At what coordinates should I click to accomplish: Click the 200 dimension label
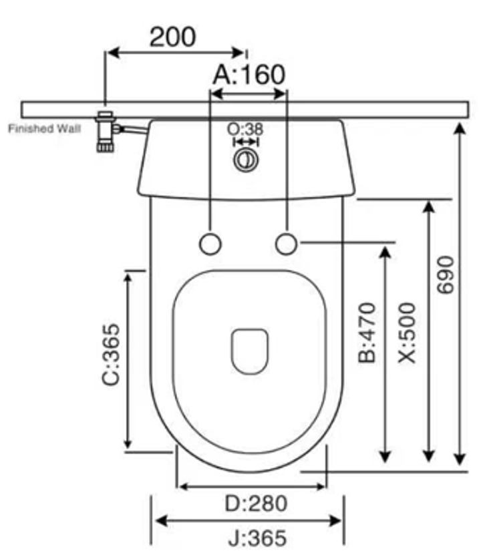[172, 37]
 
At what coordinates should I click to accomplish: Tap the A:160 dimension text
[249, 75]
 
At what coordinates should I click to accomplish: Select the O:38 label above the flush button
[245, 129]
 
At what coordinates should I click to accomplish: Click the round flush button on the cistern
[246, 160]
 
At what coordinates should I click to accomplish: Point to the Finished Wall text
[45, 128]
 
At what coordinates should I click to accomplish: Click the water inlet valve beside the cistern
[106, 132]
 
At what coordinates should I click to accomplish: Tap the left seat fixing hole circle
[210, 244]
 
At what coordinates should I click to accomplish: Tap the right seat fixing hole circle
[286, 244]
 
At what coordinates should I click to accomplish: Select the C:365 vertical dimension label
[110, 355]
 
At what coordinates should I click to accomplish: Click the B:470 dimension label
[367, 333]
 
